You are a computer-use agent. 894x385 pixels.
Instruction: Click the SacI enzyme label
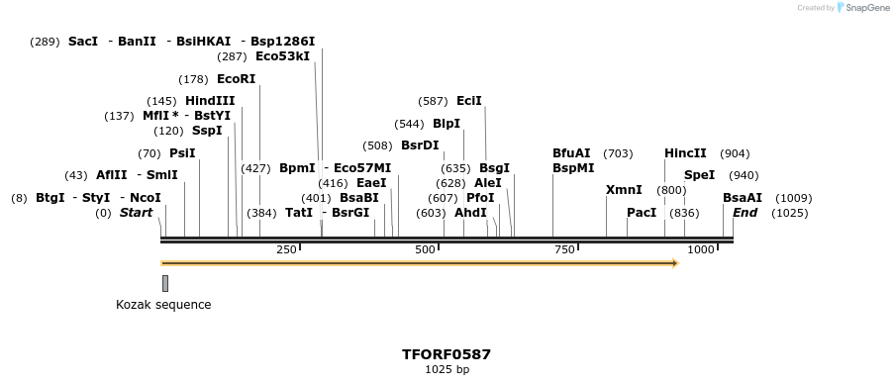83,42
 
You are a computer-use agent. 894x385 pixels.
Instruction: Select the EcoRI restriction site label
236,79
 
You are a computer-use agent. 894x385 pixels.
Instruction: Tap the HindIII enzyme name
210,101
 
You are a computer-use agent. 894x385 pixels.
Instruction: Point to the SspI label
207,131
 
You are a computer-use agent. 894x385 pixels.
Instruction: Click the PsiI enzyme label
182,153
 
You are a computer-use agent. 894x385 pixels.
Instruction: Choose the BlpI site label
447,124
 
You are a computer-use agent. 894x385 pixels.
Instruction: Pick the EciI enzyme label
469,101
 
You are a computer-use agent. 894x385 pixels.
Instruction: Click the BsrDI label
420,145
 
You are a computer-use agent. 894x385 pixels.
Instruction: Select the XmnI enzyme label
624,190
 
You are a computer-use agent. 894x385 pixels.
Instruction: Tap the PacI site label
642,213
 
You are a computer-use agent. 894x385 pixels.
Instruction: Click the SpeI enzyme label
699,175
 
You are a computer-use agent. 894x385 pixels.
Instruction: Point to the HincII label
685,153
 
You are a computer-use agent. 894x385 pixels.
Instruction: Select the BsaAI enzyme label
743,198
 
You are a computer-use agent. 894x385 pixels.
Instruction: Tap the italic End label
745,213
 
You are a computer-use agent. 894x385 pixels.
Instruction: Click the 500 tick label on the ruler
426,249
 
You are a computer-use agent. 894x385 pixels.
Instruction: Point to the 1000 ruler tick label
700,249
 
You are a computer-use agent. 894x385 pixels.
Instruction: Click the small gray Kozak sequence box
165,283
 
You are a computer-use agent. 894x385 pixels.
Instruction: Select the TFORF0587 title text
447,354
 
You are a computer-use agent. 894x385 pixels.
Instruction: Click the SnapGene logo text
863,8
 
